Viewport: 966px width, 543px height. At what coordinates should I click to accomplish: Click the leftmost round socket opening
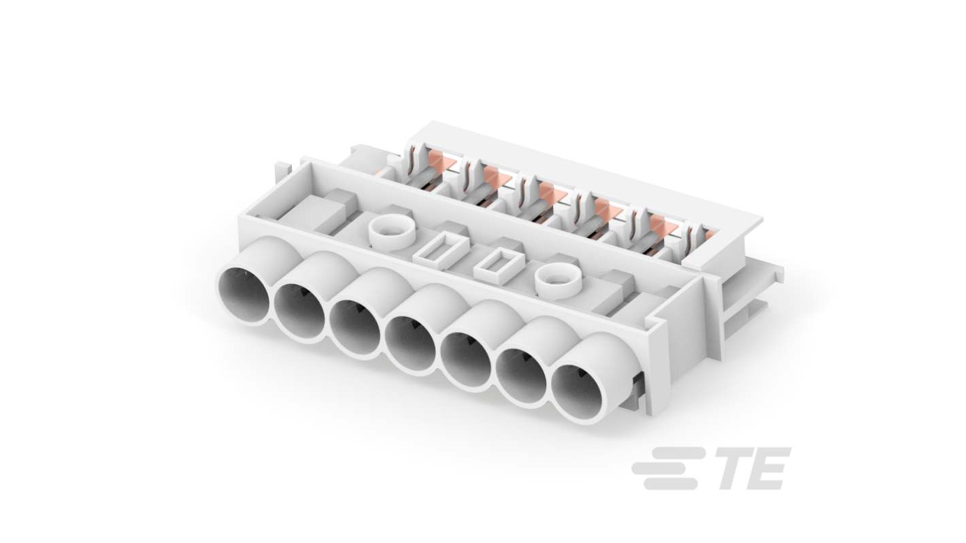[x=244, y=296]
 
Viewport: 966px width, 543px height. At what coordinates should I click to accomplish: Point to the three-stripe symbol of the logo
[x=667, y=468]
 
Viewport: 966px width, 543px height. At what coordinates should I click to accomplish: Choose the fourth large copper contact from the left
[x=607, y=208]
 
